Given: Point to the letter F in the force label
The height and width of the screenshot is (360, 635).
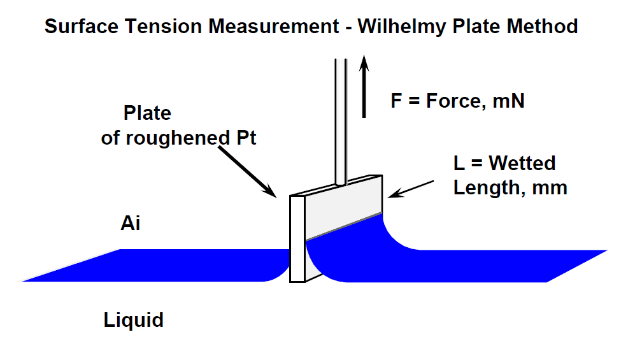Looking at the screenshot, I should point(396,101).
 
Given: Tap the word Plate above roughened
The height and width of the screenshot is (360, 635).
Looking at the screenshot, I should point(147,114).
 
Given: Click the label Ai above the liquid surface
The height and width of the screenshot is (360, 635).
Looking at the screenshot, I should point(130,224).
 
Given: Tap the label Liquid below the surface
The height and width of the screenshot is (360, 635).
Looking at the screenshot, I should point(133,319).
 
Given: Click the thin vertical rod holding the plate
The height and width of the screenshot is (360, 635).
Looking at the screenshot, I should point(341,121).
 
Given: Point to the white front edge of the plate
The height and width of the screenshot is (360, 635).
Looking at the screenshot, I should point(297,238).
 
